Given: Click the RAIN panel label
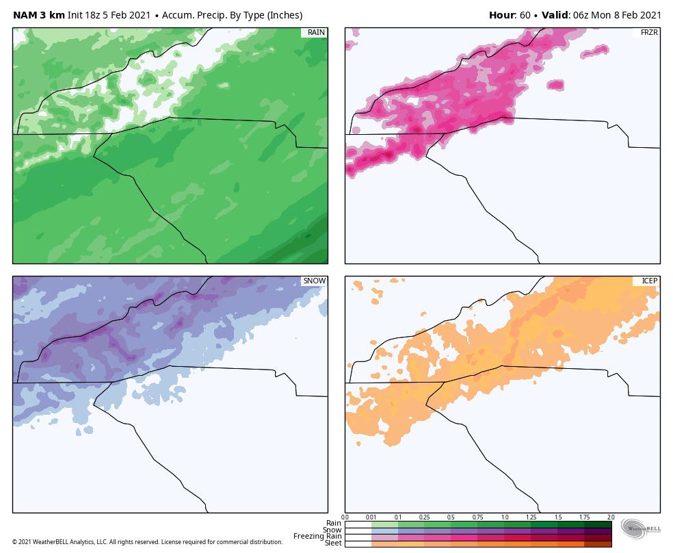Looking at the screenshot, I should tap(315, 33).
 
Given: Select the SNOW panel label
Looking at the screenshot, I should tap(314, 281).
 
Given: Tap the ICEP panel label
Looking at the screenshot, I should tap(648, 281).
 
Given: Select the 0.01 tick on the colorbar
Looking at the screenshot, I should tap(371, 517).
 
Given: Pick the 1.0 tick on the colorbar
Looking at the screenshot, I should tap(504, 517).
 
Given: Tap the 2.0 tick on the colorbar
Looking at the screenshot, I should tap(610, 517).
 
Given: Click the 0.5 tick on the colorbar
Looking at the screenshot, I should tap(451, 517).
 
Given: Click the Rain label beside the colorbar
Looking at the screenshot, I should tap(333, 524).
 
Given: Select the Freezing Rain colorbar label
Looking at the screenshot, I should tap(317, 537).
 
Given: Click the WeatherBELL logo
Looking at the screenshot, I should tap(641, 528).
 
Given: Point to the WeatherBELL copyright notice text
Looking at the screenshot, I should tap(147, 542).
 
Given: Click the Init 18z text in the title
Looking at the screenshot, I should tap(83, 15).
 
